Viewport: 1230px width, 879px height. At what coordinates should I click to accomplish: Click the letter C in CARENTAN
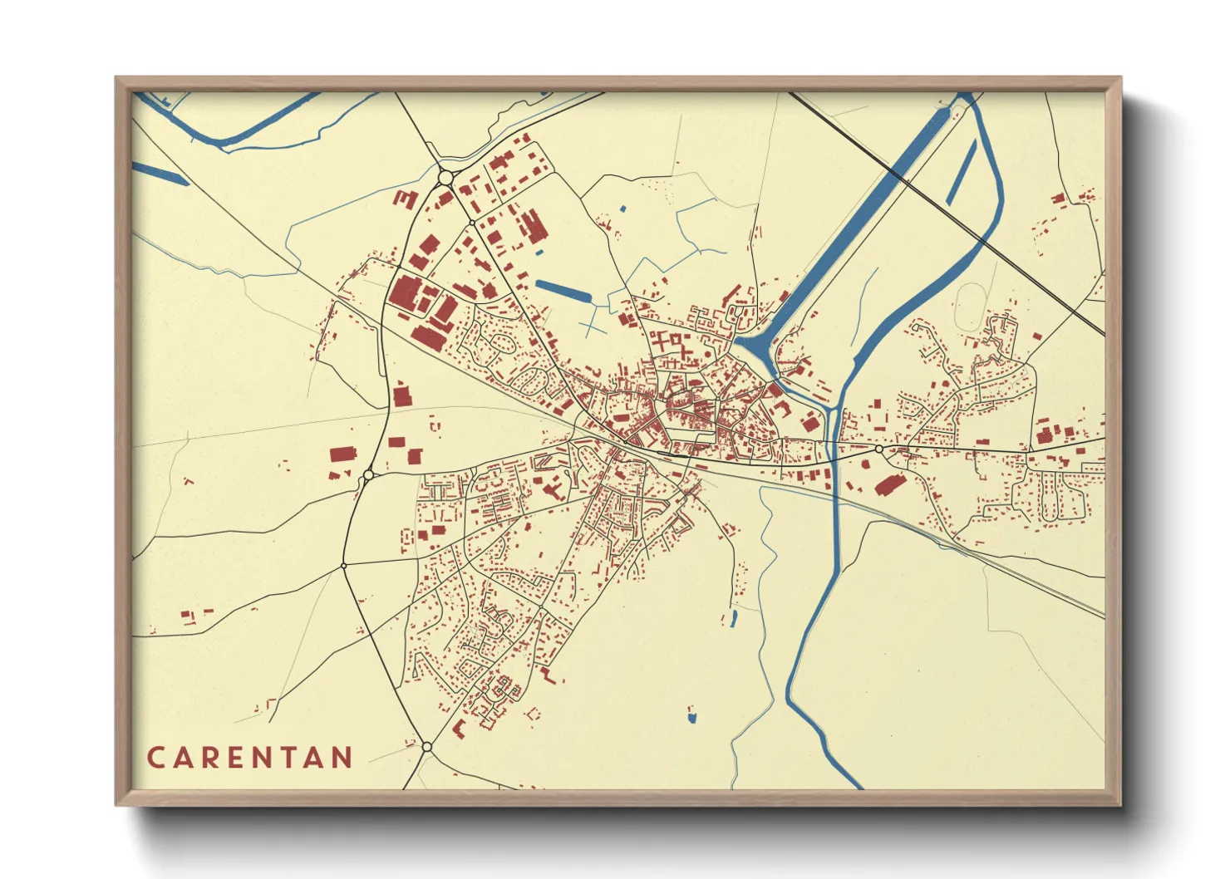point(155,758)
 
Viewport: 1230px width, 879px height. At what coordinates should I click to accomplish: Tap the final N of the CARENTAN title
point(341,758)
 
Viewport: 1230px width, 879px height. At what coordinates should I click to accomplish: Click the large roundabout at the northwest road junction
point(445,177)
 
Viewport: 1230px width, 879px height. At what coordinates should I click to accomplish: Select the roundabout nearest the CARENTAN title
point(426,747)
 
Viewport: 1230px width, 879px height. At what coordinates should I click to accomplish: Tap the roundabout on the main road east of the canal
point(878,449)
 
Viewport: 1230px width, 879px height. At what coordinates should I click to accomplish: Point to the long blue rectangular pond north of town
point(563,291)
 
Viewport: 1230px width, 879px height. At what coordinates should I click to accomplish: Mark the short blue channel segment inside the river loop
point(962,174)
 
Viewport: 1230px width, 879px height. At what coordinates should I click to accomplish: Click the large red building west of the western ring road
point(342,454)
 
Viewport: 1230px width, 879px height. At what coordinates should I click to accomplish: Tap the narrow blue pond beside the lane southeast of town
point(733,618)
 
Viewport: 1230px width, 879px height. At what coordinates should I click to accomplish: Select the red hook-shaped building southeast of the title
point(459,729)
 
